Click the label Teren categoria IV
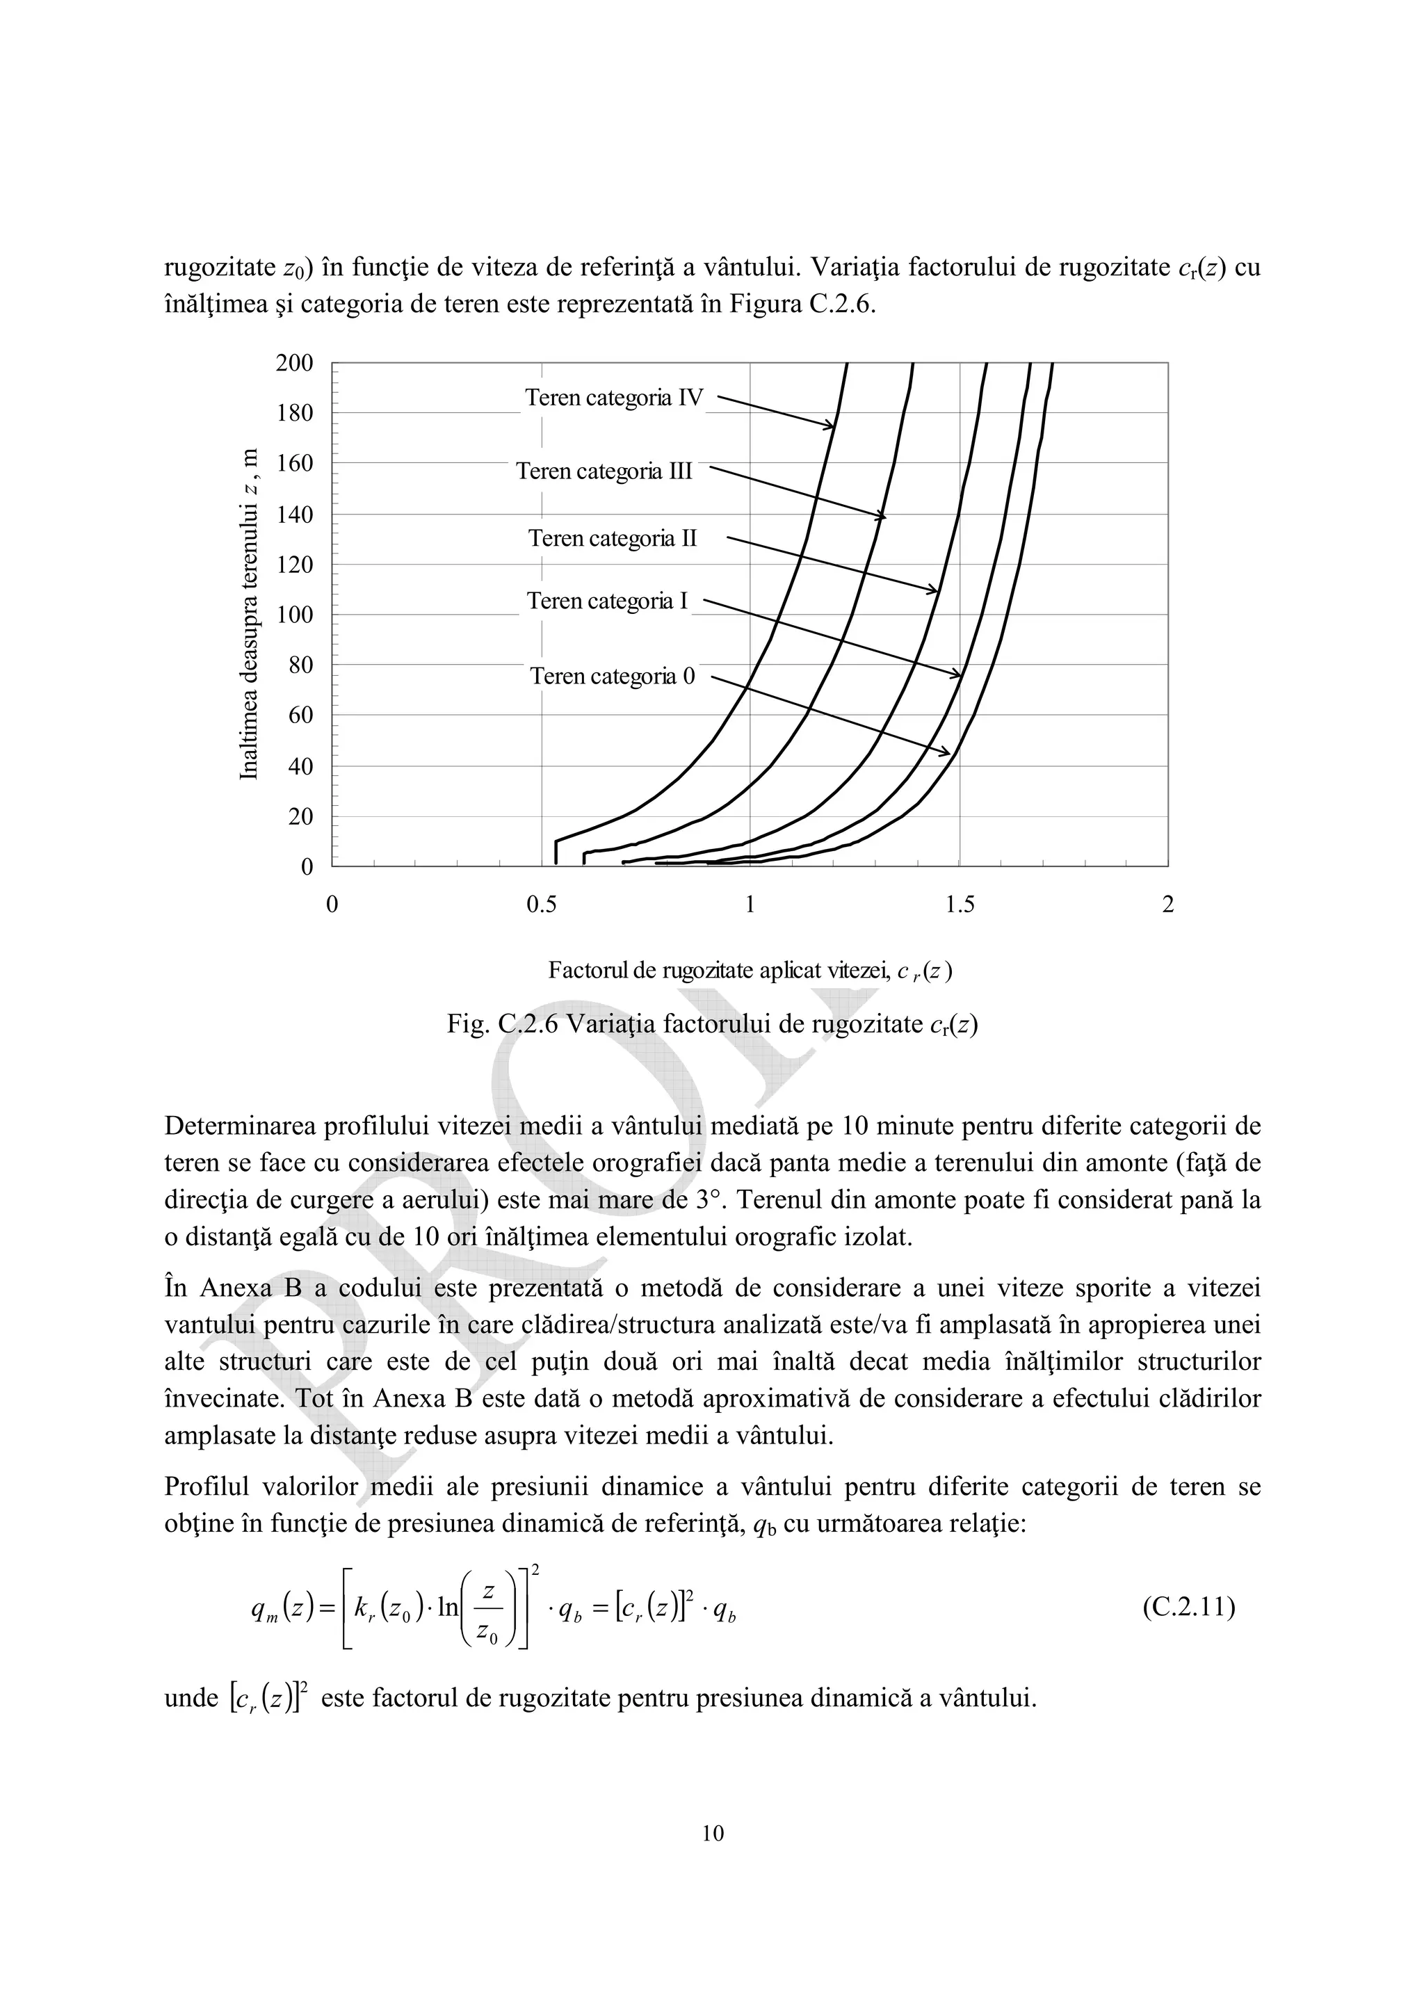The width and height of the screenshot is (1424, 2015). pos(614,398)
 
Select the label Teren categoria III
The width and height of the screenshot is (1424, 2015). pos(604,471)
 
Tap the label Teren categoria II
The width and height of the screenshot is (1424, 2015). pos(613,538)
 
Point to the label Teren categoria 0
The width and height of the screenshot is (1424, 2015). pos(613,676)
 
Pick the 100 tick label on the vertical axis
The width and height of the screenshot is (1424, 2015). pos(294,615)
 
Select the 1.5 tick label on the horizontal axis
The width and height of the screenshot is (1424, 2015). pos(959,905)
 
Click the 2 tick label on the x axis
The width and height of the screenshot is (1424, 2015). pos(1167,905)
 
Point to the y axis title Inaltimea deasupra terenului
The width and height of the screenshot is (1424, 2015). pos(250,615)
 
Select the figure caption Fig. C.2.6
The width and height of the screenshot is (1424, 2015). pos(713,1024)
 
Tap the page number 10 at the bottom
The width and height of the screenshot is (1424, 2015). pos(713,1834)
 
